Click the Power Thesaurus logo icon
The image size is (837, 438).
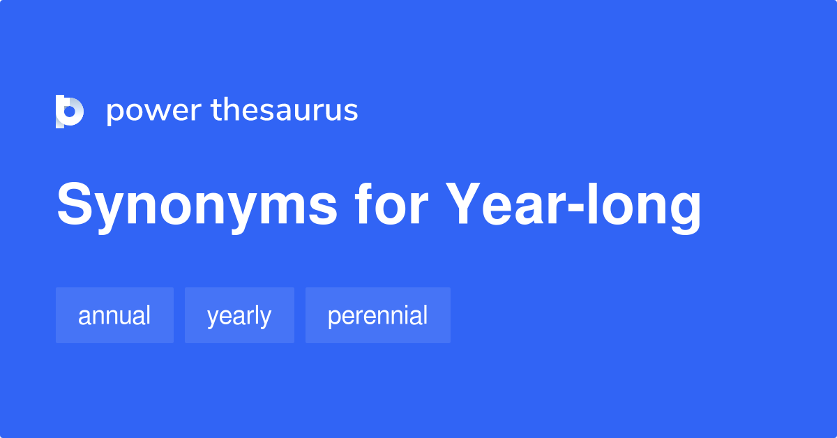70,111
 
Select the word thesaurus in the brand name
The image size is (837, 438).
285,111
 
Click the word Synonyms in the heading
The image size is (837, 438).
197,206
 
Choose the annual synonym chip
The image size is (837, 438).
114,315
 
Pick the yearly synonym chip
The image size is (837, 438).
239,315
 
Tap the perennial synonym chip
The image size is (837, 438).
377,315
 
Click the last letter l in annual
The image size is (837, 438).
147,315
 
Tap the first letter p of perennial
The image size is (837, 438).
333,318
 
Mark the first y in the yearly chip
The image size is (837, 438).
213,318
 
